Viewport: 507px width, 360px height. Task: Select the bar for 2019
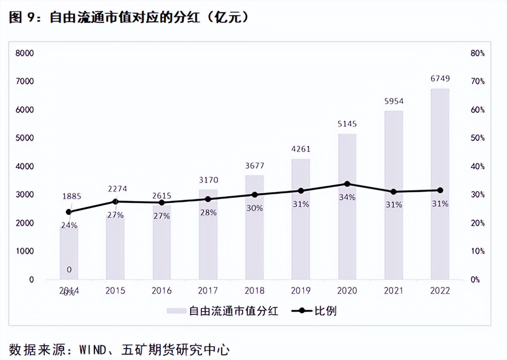(x=301, y=219)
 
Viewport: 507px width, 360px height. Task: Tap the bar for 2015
(x=115, y=247)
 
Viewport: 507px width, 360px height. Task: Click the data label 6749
(x=440, y=79)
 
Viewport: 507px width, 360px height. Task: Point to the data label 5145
(x=347, y=124)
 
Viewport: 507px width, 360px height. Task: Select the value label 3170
(x=208, y=180)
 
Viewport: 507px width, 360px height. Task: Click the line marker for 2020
(x=347, y=184)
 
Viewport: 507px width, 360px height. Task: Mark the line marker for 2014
(x=69, y=212)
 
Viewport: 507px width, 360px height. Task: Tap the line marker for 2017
(x=208, y=199)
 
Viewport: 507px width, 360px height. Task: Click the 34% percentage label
(x=347, y=197)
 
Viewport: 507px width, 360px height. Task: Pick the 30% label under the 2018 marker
(x=254, y=208)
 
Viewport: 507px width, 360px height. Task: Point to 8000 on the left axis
(x=25, y=53)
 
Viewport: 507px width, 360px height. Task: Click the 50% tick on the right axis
(x=477, y=138)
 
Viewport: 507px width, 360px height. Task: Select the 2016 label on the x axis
(x=161, y=291)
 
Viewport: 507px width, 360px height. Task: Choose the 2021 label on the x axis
(x=393, y=291)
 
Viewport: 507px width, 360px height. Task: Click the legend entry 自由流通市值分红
(x=233, y=311)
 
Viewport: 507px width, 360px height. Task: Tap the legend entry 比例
(x=325, y=311)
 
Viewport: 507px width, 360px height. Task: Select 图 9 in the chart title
(x=21, y=18)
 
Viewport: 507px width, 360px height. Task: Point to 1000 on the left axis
(x=25, y=251)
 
